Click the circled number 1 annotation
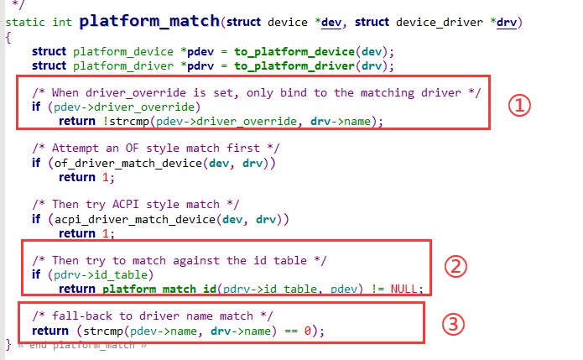(520, 106)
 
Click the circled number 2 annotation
(454, 267)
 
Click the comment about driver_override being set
(256, 92)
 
